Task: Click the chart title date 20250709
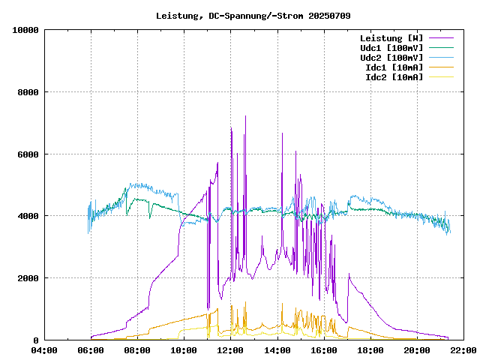pos(329,15)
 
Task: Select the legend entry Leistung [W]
pos(391,38)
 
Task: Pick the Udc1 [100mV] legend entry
pos(391,48)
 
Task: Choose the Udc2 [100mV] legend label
pos(391,58)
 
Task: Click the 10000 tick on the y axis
pos(26,30)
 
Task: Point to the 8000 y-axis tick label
pos(28,92)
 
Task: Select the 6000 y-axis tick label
pos(28,154)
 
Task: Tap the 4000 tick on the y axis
pos(28,216)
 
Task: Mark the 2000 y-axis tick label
pos(28,278)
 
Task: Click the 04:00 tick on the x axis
pos(45,350)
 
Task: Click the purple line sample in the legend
pos(442,38)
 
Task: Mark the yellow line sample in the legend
pos(442,77)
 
